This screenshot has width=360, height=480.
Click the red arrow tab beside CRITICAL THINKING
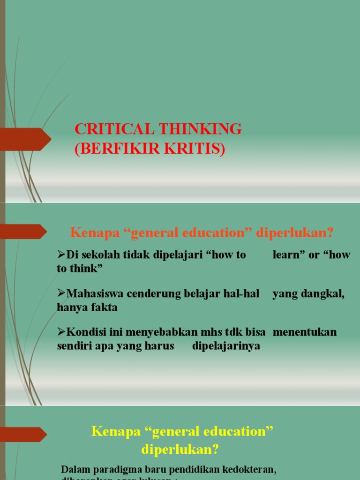26,139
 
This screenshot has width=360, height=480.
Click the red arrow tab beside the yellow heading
23,435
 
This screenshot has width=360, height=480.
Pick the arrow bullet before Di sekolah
61,255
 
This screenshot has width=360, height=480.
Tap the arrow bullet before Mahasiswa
61,294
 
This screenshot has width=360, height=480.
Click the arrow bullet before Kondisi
61,332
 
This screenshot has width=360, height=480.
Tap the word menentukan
305,332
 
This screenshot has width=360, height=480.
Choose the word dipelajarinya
226,346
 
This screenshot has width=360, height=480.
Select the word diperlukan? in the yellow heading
180,450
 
